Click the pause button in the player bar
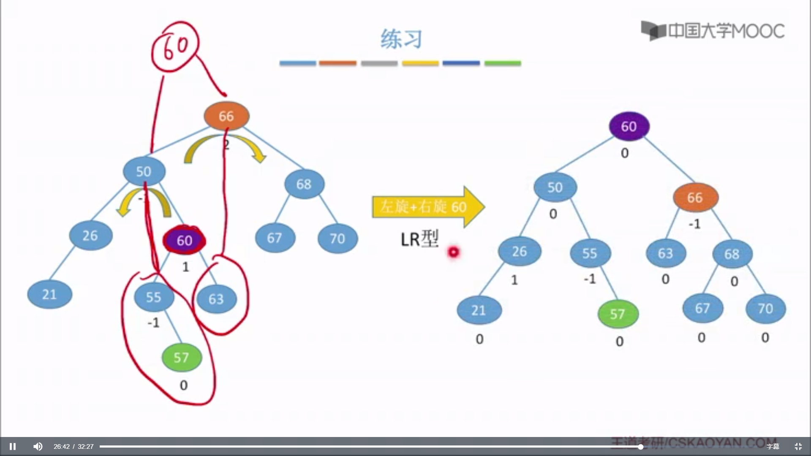(13, 446)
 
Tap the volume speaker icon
(38, 446)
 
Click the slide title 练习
(401, 39)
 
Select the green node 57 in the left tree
(182, 358)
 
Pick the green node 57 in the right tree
(618, 314)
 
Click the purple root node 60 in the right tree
(629, 126)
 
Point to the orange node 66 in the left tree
(226, 116)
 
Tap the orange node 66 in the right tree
(695, 198)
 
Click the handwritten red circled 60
(175, 46)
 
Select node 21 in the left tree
(49, 294)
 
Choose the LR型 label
(419, 239)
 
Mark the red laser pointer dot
(453, 252)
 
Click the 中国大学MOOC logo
(713, 31)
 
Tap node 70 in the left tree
(337, 239)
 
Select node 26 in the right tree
(519, 252)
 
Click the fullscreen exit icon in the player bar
(798, 446)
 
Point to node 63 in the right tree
(665, 253)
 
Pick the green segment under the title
(503, 63)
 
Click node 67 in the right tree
(702, 308)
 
